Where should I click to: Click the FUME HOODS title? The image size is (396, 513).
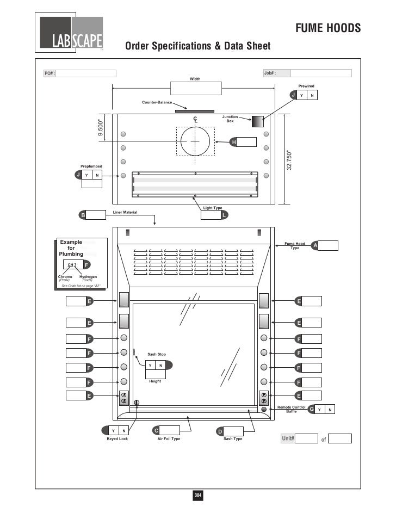328,28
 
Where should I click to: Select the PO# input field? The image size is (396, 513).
86,73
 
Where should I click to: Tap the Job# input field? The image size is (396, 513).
321,73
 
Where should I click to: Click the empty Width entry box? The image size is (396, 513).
195,89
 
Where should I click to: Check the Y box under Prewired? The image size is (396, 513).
302,96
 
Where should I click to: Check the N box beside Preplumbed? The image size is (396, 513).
97,175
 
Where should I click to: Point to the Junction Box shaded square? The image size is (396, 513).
257,122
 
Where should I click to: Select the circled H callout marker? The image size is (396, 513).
234,143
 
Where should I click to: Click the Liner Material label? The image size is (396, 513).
125,212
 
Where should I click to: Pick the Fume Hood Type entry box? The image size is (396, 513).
329,246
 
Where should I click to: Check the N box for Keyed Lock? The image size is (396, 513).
124,431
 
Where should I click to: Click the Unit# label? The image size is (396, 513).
288,438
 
